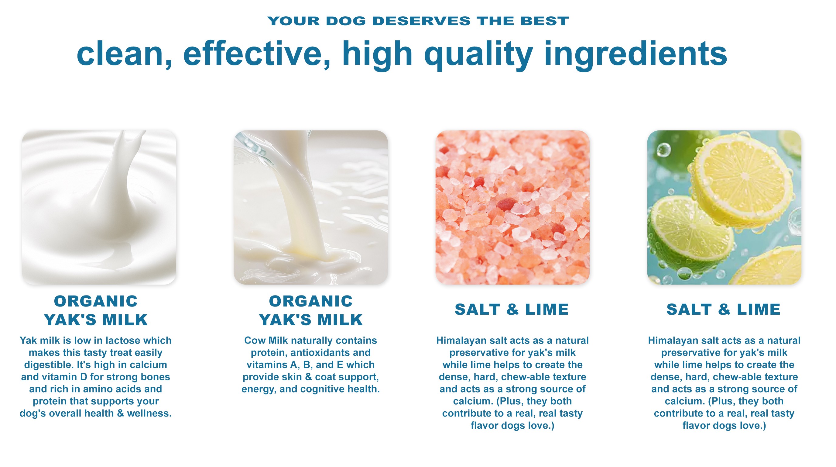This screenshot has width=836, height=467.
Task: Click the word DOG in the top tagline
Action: pyautogui.click(x=346, y=21)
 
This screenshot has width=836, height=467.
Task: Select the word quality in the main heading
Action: pyautogui.click(x=479, y=55)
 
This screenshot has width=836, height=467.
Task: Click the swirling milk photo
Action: pyautogui.click(x=99, y=207)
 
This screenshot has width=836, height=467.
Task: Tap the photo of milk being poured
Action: pyautogui.click(x=310, y=207)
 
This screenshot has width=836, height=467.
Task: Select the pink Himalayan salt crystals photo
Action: pyautogui.click(x=512, y=207)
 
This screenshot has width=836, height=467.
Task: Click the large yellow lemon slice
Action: pyautogui.click(x=743, y=177)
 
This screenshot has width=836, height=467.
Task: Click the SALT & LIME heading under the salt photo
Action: pyautogui.click(x=512, y=309)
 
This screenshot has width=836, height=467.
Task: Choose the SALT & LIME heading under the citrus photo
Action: pyautogui.click(x=723, y=309)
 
